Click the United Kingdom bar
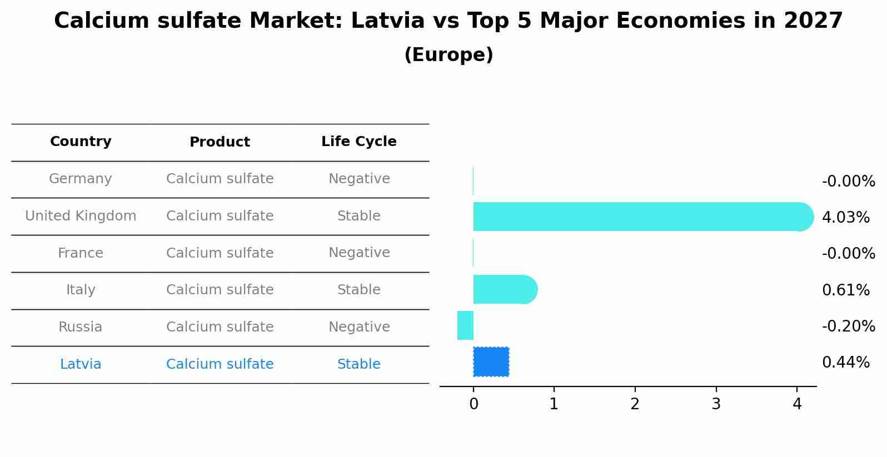point(639,217)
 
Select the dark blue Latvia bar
point(491,362)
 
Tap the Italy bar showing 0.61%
point(504,289)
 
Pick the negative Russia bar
point(466,325)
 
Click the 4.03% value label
point(845,217)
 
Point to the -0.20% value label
point(848,326)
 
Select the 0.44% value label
point(845,363)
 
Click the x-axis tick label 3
point(716,404)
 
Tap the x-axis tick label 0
point(474,404)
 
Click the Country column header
point(81,142)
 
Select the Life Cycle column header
point(358,142)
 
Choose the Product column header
point(220,142)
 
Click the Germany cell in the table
point(81,179)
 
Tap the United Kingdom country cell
point(81,216)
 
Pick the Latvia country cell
point(81,364)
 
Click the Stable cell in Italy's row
point(358,290)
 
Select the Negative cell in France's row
point(358,253)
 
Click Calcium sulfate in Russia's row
point(220,327)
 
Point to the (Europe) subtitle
point(449,55)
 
